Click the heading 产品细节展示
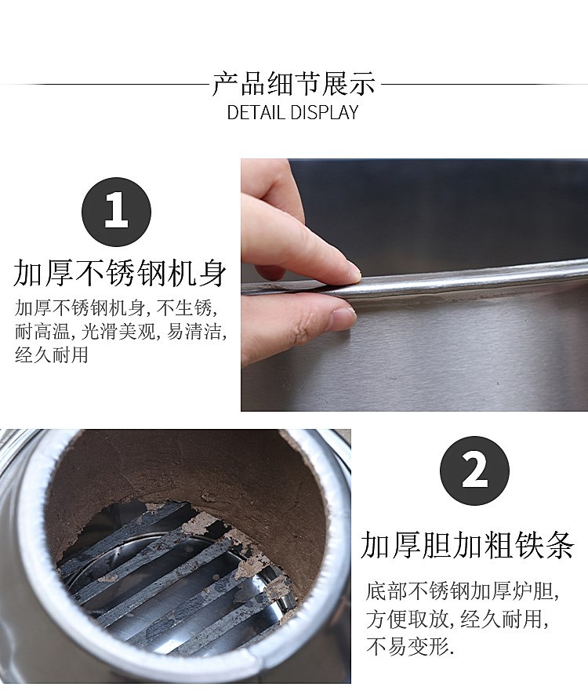(293, 84)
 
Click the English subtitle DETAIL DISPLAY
(292, 112)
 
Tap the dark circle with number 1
(116, 213)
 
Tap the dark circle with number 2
(474, 471)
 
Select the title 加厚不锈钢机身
(120, 274)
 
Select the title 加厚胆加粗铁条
(467, 545)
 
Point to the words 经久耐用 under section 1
(52, 354)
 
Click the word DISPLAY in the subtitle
(323, 112)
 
